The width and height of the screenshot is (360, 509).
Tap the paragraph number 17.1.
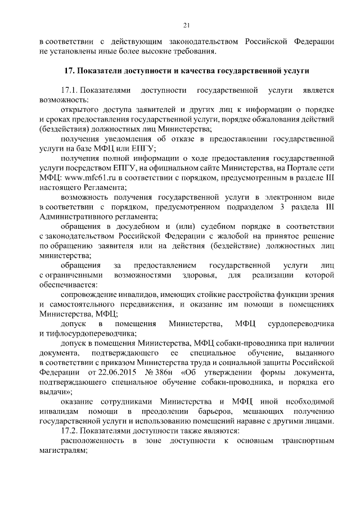[69, 90]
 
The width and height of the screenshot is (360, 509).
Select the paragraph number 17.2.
[69, 430]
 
